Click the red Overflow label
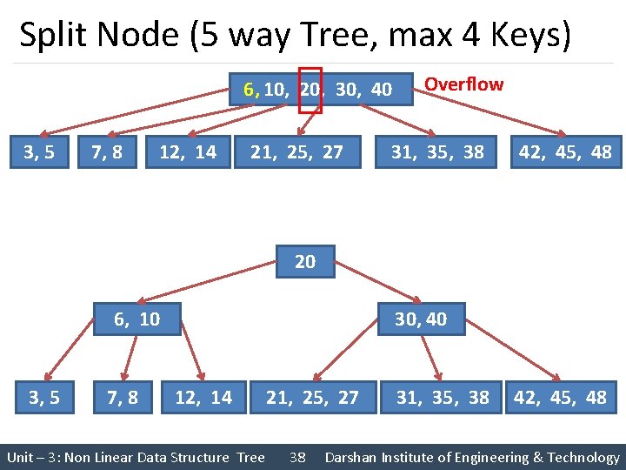[x=463, y=84]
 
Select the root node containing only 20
[x=305, y=261]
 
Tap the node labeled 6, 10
[x=137, y=319]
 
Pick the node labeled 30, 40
[x=421, y=319]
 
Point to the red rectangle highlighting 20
[x=310, y=90]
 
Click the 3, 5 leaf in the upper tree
[x=39, y=152]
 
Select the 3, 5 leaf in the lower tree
[x=43, y=398]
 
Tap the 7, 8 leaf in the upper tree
[x=106, y=152]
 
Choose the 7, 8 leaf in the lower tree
[x=122, y=398]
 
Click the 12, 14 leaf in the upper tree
[x=188, y=152]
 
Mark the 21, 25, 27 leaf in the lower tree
[x=312, y=398]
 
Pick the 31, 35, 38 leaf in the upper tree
[x=437, y=152]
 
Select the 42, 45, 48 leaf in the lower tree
[x=561, y=398]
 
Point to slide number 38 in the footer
[x=297, y=457]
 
